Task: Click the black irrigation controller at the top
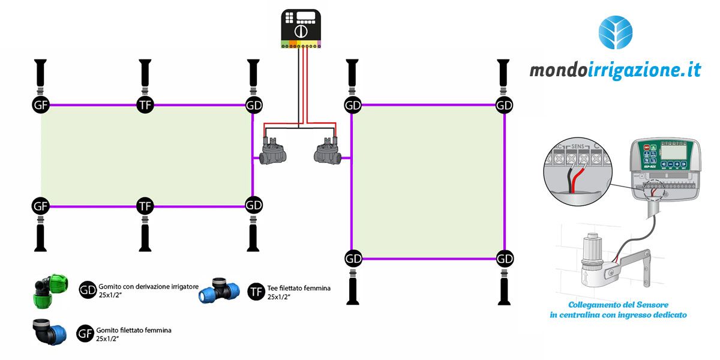pyautogui.click(x=302, y=28)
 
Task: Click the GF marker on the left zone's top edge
pyautogui.click(x=40, y=104)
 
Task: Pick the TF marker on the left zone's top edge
pyautogui.click(x=145, y=104)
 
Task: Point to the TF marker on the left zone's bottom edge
pyautogui.click(x=145, y=206)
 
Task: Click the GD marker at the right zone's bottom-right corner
pyautogui.click(x=505, y=259)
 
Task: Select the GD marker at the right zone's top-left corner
pyautogui.click(x=352, y=105)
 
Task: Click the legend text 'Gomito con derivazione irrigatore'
pyautogui.click(x=148, y=287)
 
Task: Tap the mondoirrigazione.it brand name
pyautogui.click(x=615, y=71)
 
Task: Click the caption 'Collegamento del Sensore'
pyautogui.click(x=617, y=305)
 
